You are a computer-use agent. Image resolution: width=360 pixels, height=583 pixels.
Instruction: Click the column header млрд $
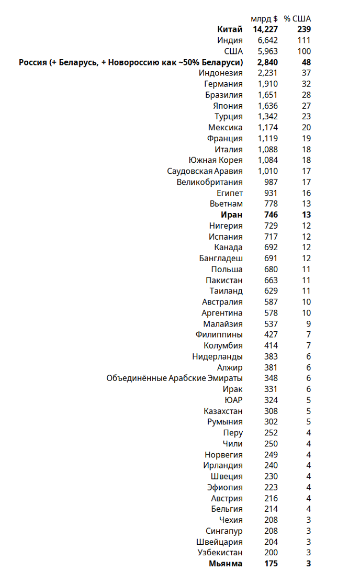point(264,18)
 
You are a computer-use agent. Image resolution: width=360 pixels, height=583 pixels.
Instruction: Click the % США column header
point(297,18)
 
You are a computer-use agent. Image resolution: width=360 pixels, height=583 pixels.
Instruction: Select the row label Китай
point(230,29)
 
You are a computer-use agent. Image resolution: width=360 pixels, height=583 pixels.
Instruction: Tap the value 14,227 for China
point(262,29)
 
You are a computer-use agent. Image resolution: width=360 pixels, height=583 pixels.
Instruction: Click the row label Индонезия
point(221,73)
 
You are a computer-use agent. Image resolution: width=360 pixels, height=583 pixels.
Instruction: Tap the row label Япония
point(229,106)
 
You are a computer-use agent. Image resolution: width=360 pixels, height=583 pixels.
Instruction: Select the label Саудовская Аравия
point(205,171)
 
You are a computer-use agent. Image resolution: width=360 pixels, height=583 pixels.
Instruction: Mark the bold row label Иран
point(232,215)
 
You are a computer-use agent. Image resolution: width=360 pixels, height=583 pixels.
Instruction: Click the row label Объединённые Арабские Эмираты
point(175,378)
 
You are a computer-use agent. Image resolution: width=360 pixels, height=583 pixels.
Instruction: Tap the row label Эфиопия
point(225,487)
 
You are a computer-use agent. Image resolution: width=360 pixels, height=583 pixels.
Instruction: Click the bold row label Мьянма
point(226,564)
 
